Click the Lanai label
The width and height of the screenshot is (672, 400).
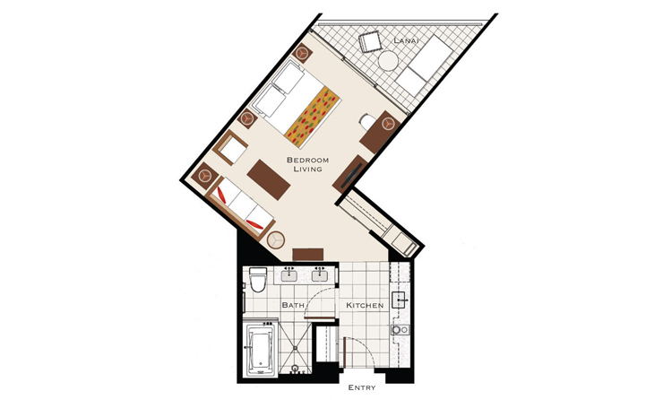[405, 40]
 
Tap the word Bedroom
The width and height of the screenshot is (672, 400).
[307, 160]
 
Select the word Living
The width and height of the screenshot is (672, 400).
[307, 170]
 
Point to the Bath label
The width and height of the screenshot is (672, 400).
[293, 305]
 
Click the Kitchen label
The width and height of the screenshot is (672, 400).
[365, 305]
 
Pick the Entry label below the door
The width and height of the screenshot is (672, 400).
[362, 387]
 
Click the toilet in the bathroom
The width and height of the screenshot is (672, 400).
[257, 280]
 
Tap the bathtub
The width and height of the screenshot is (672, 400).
[260, 350]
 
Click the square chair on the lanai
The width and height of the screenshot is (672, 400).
[370, 41]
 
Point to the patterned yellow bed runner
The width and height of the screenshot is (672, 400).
[314, 116]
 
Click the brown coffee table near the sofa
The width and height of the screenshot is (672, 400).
[269, 179]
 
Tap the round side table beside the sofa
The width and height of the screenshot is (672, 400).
[276, 240]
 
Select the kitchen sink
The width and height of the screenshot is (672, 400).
[399, 300]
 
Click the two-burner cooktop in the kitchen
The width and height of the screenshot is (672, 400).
[400, 330]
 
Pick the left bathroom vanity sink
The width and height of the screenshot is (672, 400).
[290, 274]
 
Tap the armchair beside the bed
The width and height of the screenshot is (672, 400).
[230, 147]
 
